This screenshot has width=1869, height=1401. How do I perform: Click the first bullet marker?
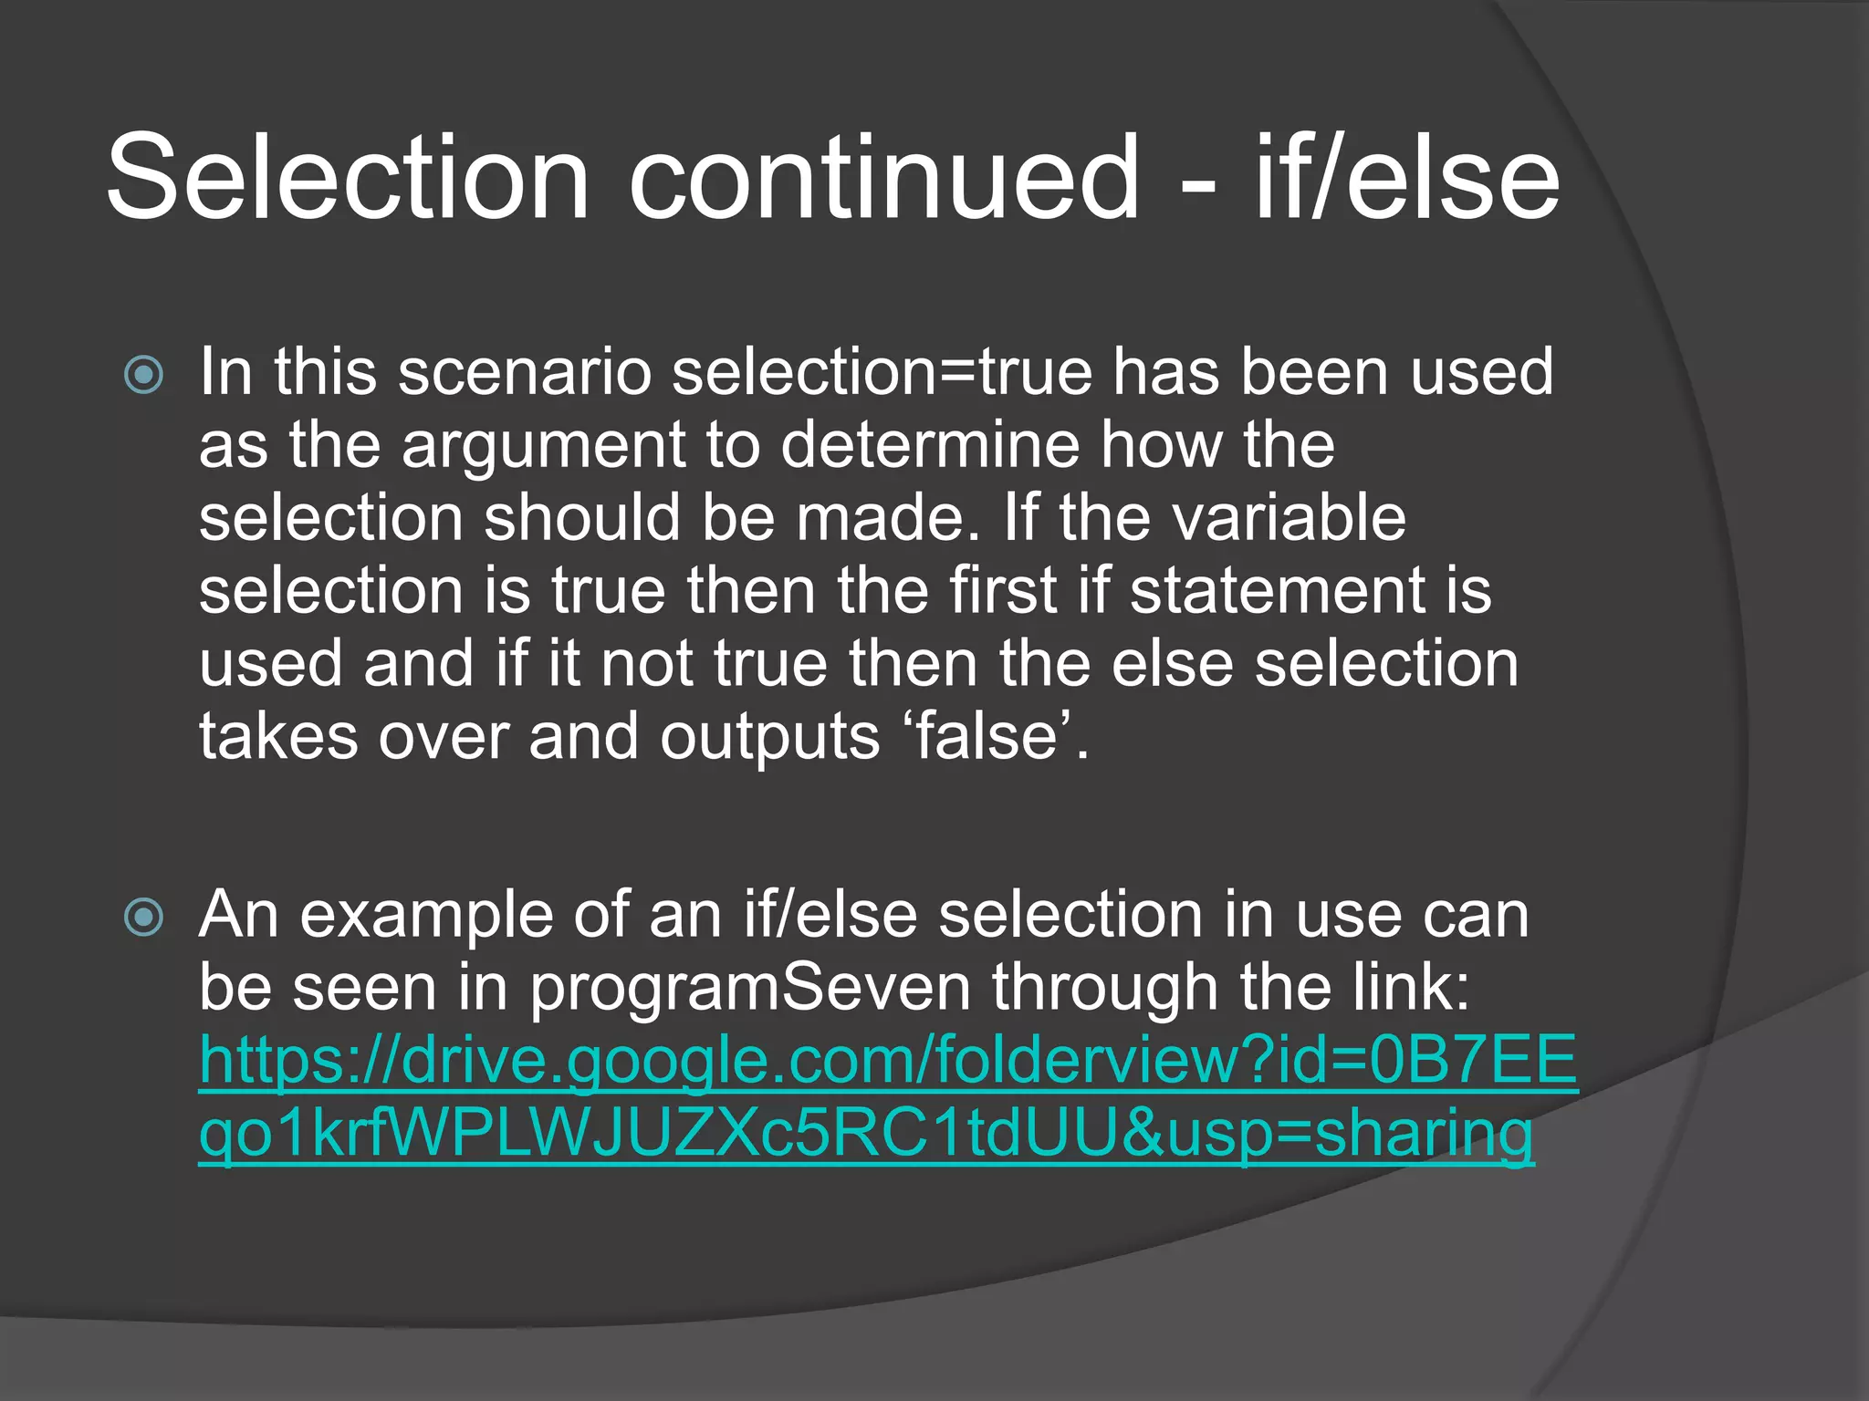(144, 374)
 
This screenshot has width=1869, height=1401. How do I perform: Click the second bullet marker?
(144, 916)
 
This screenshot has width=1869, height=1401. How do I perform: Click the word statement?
(1273, 590)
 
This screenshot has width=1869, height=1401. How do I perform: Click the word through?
(1105, 987)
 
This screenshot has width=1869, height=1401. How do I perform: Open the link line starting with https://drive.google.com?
(888, 1060)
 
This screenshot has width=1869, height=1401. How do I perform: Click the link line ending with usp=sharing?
(866, 1133)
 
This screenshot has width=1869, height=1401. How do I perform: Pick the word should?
(582, 517)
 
